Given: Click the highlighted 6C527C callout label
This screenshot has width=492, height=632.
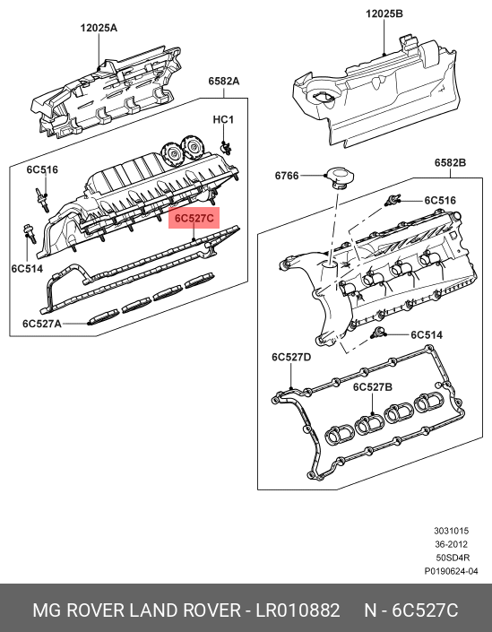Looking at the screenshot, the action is [x=194, y=218].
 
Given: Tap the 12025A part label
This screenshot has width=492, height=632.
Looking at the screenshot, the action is [x=99, y=28].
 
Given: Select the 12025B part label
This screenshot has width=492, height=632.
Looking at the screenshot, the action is [x=384, y=13].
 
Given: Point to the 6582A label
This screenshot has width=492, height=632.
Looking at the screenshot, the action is [x=224, y=81].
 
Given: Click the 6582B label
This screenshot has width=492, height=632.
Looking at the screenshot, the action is [x=450, y=163].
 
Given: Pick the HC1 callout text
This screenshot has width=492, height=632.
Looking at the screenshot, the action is [x=223, y=120].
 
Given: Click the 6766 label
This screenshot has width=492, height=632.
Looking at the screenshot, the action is [x=287, y=176].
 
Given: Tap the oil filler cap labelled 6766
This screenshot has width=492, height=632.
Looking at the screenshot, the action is [x=341, y=177].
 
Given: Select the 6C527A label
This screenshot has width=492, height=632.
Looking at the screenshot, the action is [x=42, y=324].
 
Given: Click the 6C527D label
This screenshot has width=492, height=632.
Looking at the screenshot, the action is [x=291, y=357].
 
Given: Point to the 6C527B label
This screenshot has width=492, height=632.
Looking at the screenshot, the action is [x=372, y=387].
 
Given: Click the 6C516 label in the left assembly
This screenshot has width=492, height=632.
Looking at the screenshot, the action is [x=42, y=169].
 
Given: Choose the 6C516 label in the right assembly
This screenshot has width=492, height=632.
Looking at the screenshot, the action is [x=440, y=200].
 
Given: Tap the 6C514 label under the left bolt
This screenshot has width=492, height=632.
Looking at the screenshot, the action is [x=27, y=268].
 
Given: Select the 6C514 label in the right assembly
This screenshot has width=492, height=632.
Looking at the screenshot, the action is [x=427, y=335].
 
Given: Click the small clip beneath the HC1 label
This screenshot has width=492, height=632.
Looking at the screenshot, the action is [x=227, y=148].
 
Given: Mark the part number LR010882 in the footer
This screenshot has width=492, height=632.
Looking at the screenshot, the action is [x=298, y=610].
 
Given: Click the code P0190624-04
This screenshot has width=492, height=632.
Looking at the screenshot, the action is [x=451, y=571].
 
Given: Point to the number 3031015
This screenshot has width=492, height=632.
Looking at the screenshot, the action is [x=452, y=531].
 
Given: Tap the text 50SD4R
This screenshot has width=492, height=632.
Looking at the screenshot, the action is [x=453, y=558].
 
